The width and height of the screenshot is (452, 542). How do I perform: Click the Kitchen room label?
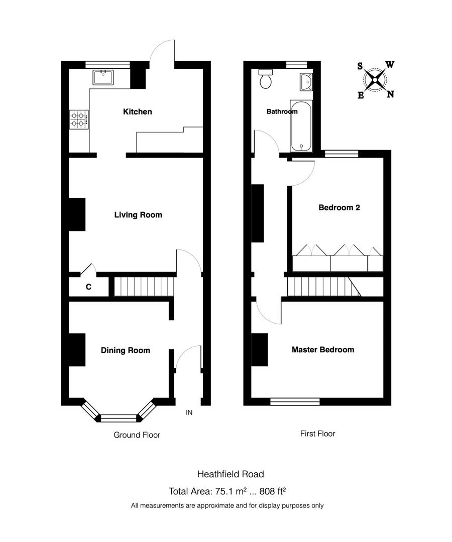[x=137, y=111]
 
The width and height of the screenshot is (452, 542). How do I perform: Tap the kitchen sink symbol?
[x=102, y=77]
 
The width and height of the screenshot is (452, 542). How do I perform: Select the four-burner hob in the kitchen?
[x=79, y=119]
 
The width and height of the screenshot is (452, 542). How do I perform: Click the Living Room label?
[x=138, y=215]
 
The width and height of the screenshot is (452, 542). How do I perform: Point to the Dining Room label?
[x=125, y=350]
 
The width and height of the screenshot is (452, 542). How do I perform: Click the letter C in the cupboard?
[x=88, y=287]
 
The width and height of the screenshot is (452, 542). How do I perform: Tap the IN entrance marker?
[x=189, y=413]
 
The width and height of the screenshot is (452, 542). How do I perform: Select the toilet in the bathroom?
[x=265, y=79]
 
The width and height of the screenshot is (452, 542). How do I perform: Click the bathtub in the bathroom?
[x=301, y=126]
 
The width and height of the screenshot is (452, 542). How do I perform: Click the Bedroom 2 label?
[x=339, y=207]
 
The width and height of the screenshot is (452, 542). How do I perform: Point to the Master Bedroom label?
[x=323, y=350]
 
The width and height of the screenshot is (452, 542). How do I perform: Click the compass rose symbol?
[x=376, y=79]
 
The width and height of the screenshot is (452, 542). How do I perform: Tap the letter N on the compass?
[x=390, y=94]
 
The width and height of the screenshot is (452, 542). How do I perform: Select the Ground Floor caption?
[x=137, y=435]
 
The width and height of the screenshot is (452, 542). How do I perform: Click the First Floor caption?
[x=317, y=433]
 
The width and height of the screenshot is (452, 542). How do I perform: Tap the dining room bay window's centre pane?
[x=119, y=417]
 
